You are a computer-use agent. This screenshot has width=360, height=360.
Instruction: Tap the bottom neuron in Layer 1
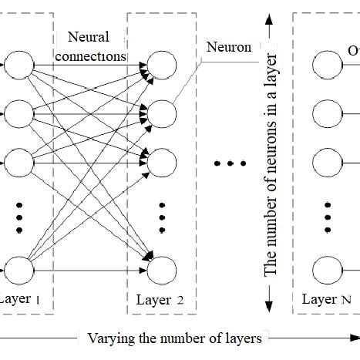19,270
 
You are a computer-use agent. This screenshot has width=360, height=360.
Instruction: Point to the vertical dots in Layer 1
19,217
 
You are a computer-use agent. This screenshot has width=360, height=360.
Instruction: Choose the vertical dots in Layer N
327,217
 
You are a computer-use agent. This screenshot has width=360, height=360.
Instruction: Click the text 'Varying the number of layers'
175,338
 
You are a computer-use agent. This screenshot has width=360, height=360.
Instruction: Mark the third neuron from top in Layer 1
19,163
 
